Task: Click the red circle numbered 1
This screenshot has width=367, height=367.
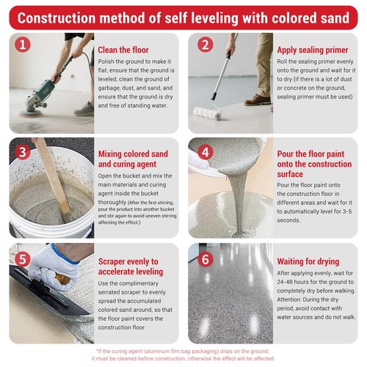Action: click(23, 45)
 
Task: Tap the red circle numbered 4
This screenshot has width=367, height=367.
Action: click(205, 152)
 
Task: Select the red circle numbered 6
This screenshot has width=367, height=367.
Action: click(205, 259)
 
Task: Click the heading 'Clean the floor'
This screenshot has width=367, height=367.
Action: click(123, 50)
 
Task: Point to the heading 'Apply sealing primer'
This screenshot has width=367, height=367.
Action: click(313, 50)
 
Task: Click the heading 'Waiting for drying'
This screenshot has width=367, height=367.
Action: click(308, 261)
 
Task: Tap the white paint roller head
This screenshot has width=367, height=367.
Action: click(208, 114)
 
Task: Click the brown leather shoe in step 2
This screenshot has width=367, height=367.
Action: click(258, 100)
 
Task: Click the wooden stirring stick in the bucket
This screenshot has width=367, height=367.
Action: click(54, 178)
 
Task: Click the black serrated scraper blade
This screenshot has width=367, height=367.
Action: click(49, 291)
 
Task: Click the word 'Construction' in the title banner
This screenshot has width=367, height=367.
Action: click(57, 18)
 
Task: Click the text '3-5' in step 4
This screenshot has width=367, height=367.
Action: click(347, 211)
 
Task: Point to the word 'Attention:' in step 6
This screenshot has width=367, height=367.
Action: click(289, 299)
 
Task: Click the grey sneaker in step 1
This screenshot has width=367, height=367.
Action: click(84, 109)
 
